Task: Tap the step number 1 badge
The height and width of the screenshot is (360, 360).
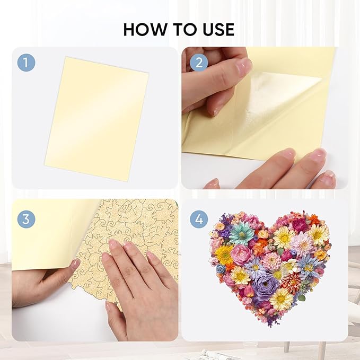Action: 26,63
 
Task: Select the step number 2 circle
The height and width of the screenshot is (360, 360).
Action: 199,63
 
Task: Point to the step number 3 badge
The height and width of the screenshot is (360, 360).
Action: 26,218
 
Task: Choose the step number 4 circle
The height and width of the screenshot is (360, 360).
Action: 199,218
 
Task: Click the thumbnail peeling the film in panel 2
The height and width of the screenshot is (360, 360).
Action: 244,67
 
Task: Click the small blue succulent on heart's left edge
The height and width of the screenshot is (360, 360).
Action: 221,269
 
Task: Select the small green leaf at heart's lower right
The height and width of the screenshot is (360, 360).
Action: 301,297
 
